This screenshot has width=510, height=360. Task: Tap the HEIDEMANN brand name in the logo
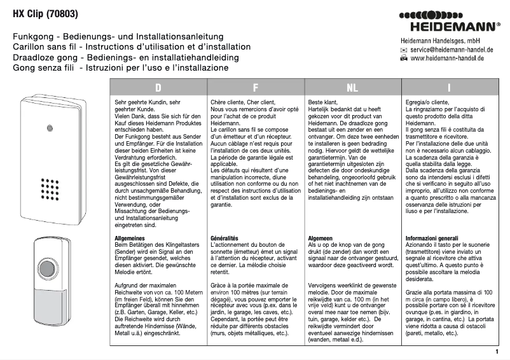click(457, 27)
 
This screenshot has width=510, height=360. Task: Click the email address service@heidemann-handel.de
click(447, 48)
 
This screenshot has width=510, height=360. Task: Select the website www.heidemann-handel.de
click(447, 58)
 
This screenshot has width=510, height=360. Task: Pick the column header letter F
click(256, 87)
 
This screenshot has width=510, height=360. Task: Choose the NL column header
click(352, 87)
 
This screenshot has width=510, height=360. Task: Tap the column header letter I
click(449, 87)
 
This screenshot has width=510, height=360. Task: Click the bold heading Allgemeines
click(133, 237)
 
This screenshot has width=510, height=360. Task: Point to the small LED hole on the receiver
click(48, 128)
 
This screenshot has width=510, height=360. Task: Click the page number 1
click(495, 350)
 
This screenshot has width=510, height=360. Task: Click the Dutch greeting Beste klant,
click(322, 102)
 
